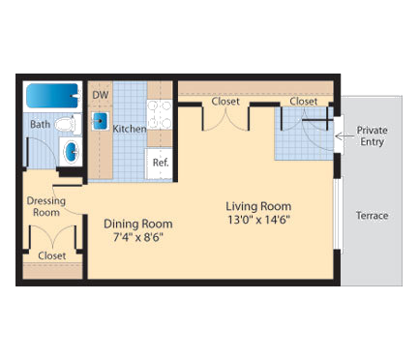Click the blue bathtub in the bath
pos(52,96)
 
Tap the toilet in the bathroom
pos(66,124)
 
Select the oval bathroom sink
pos(71,152)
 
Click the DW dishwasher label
pos(100,95)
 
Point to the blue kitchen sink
pos(101,121)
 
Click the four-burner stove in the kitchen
pos(160,114)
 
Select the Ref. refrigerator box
pos(159,163)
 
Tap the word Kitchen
pos(130,128)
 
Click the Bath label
pos(40,124)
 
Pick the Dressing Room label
pos(45,206)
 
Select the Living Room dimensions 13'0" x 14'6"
pos(258,220)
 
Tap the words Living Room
pos(258,205)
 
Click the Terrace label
pos(372,215)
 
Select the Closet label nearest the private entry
pos(303,101)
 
